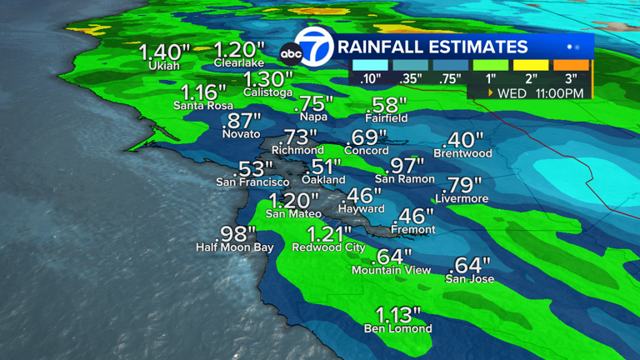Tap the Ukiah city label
[164, 66]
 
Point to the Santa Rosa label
[199, 106]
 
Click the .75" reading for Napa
[314, 103]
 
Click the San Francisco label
[252, 182]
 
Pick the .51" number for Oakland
[323, 166]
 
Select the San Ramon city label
[404, 179]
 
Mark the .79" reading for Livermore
[465, 185]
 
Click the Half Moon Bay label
[234, 247]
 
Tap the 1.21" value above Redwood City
[329, 233]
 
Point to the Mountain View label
[391, 270]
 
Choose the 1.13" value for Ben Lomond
[398, 315]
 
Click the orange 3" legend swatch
[571, 64]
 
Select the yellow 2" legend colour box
[531, 64]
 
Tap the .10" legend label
[369, 79]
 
